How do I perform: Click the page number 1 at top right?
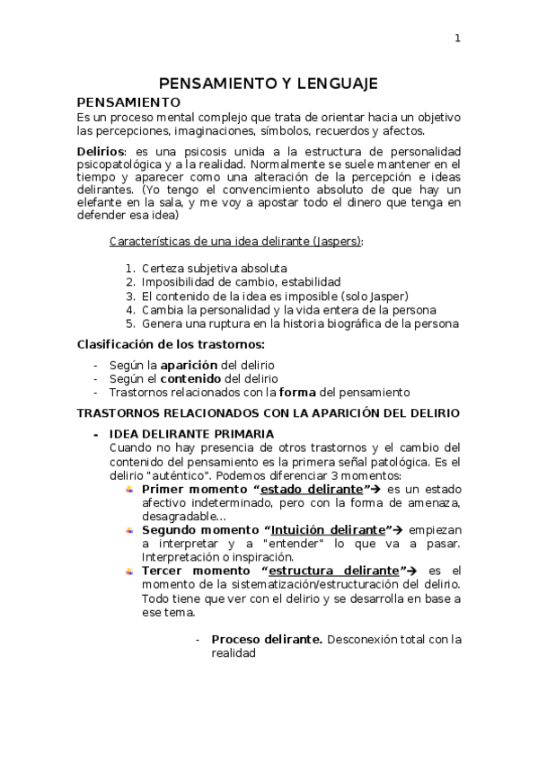tap(457, 38)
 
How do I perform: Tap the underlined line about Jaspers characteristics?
tap(236, 243)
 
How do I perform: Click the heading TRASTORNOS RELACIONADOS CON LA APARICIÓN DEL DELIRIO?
tap(269, 413)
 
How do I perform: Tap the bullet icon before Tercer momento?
tap(129, 571)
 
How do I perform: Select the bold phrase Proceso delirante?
tap(267, 640)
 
